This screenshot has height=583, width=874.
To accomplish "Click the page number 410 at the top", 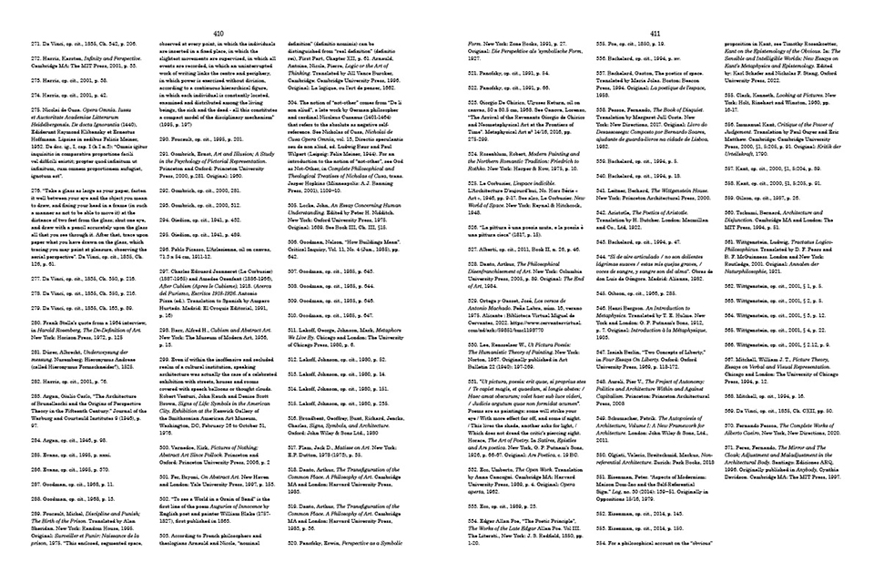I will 218,32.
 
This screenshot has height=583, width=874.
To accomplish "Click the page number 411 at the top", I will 653,32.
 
